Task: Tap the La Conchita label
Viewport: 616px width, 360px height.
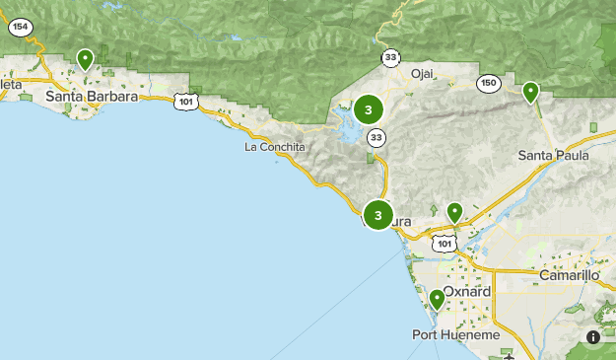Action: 275,147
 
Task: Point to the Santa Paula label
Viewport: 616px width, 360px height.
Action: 553,155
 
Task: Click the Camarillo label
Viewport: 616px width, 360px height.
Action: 570,275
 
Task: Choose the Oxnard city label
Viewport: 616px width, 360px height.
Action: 467,292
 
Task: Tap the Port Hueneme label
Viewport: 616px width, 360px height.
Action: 455,335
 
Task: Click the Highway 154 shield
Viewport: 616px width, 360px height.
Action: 19,28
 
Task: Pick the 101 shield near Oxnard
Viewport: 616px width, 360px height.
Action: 445,242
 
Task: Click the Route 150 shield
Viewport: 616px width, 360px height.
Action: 488,84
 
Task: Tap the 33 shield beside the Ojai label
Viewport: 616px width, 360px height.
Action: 392,58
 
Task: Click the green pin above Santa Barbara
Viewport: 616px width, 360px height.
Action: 86,60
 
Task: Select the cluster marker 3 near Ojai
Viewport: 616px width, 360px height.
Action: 369,110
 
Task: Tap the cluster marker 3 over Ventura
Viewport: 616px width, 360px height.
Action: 378,215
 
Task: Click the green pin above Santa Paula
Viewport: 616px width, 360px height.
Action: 531,93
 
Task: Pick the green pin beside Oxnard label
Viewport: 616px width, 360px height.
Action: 438,298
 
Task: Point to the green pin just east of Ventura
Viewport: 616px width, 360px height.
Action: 454,211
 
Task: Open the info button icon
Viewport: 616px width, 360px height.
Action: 593,337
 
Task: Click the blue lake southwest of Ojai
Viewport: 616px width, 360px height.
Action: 350,125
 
